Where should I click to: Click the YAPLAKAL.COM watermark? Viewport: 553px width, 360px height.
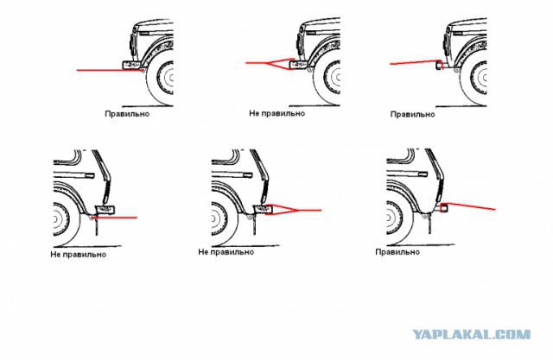click(472, 334)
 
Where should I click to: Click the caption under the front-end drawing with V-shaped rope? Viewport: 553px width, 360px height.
click(276, 113)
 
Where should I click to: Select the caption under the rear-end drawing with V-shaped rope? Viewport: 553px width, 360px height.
click(226, 252)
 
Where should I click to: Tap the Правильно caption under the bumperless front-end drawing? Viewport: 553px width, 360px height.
click(412, 115)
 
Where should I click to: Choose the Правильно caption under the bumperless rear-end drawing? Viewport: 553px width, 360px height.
click(397, 252)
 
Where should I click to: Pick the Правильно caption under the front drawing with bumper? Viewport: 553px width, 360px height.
click(127, 114)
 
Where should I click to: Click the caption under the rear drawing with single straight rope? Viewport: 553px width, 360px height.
click(78, 255)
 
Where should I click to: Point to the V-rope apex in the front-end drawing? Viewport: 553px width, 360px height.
click(267, 63)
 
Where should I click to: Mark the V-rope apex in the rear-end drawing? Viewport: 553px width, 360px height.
click(298, 211)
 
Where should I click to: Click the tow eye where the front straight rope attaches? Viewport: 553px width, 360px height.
click(142, 71)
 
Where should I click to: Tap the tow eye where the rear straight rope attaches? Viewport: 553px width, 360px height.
click(92, 218)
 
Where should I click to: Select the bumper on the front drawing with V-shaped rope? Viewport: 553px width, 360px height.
click(299, 65)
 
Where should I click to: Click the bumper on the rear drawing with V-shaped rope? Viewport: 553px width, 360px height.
click(263, 209)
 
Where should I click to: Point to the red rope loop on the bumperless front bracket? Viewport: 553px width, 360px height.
click(440, 64)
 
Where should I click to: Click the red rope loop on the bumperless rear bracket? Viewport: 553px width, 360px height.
click(444, 208)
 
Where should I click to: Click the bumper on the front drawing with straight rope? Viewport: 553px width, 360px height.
click(132, 65)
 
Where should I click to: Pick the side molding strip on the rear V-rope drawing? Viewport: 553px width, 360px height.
click(232, 174)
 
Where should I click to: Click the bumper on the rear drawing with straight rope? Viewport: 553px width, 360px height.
click(105, 210)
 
